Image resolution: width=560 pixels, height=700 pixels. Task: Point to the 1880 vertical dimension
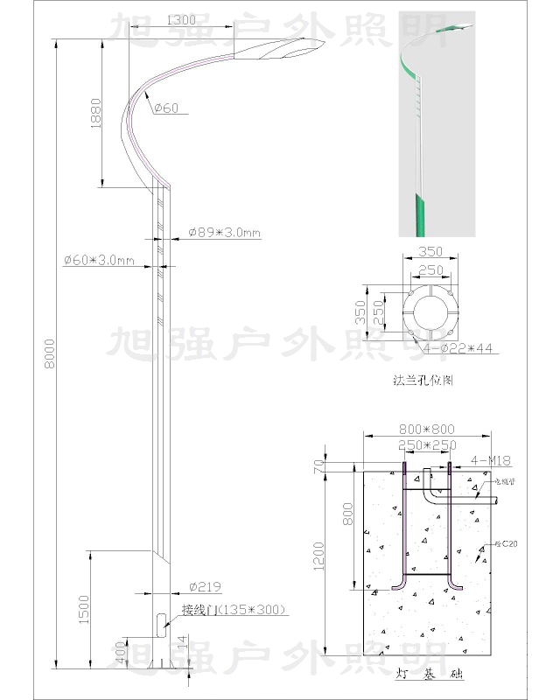(x=95, y=112)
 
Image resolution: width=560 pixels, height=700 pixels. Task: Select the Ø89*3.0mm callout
(x=225, y=233)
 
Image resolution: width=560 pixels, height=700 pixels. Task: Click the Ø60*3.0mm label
(x=98, y=261)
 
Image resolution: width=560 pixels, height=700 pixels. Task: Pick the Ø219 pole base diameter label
(x=203, y=587)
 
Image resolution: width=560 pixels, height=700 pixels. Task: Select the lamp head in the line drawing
(x=280, y=51)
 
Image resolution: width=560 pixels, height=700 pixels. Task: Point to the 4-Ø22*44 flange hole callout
(x=458, y=348)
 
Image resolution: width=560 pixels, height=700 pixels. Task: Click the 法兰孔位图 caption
(x=424, y=381)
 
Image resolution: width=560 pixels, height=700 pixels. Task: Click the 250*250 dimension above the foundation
(x=426, y=445)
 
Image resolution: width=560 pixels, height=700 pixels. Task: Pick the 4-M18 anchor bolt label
(x=491, y=460)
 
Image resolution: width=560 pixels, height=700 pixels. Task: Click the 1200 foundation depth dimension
(x=318, y=555)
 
